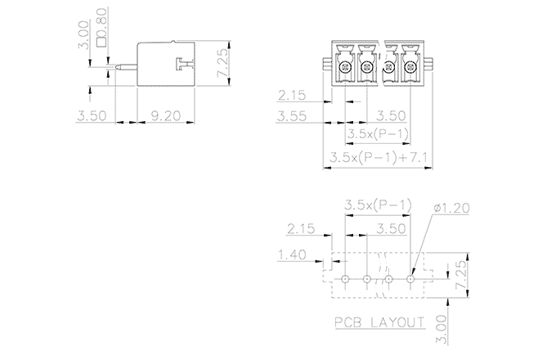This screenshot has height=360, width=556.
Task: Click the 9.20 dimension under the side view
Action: click(166, 115)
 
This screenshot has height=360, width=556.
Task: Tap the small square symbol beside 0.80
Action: click(101, 42)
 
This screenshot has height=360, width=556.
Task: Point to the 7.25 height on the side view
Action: click(223, 63)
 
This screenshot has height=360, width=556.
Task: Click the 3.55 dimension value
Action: click(291, 116)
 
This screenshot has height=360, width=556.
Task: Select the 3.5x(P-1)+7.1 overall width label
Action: click(379, 157)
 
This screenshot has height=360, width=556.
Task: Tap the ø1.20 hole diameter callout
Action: click(451, 208)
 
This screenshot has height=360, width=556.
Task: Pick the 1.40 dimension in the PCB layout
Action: click(292, 254)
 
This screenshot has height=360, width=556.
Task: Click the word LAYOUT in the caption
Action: click(397, 322)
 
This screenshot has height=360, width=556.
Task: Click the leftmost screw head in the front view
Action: click(345, 66)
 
